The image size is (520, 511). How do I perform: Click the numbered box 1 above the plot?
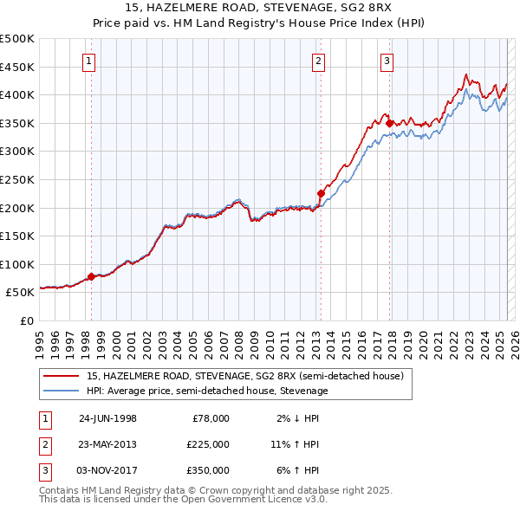coord(90,61)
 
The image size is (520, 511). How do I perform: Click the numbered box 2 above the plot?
coord(319,61)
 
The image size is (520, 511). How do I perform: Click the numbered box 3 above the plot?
coord(387,61)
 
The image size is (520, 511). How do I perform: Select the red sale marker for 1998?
coord(91,277)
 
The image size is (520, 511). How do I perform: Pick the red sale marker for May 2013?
coord(320,193)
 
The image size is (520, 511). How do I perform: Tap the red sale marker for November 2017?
coord(389,123)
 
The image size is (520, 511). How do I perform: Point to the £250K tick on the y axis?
coord(17,179)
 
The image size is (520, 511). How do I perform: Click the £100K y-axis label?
coord(17,264)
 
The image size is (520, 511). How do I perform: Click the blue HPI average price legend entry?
coord(207,391)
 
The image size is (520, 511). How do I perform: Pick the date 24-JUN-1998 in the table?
coord(107,418)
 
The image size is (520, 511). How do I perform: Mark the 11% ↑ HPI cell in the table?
coord(295,444)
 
